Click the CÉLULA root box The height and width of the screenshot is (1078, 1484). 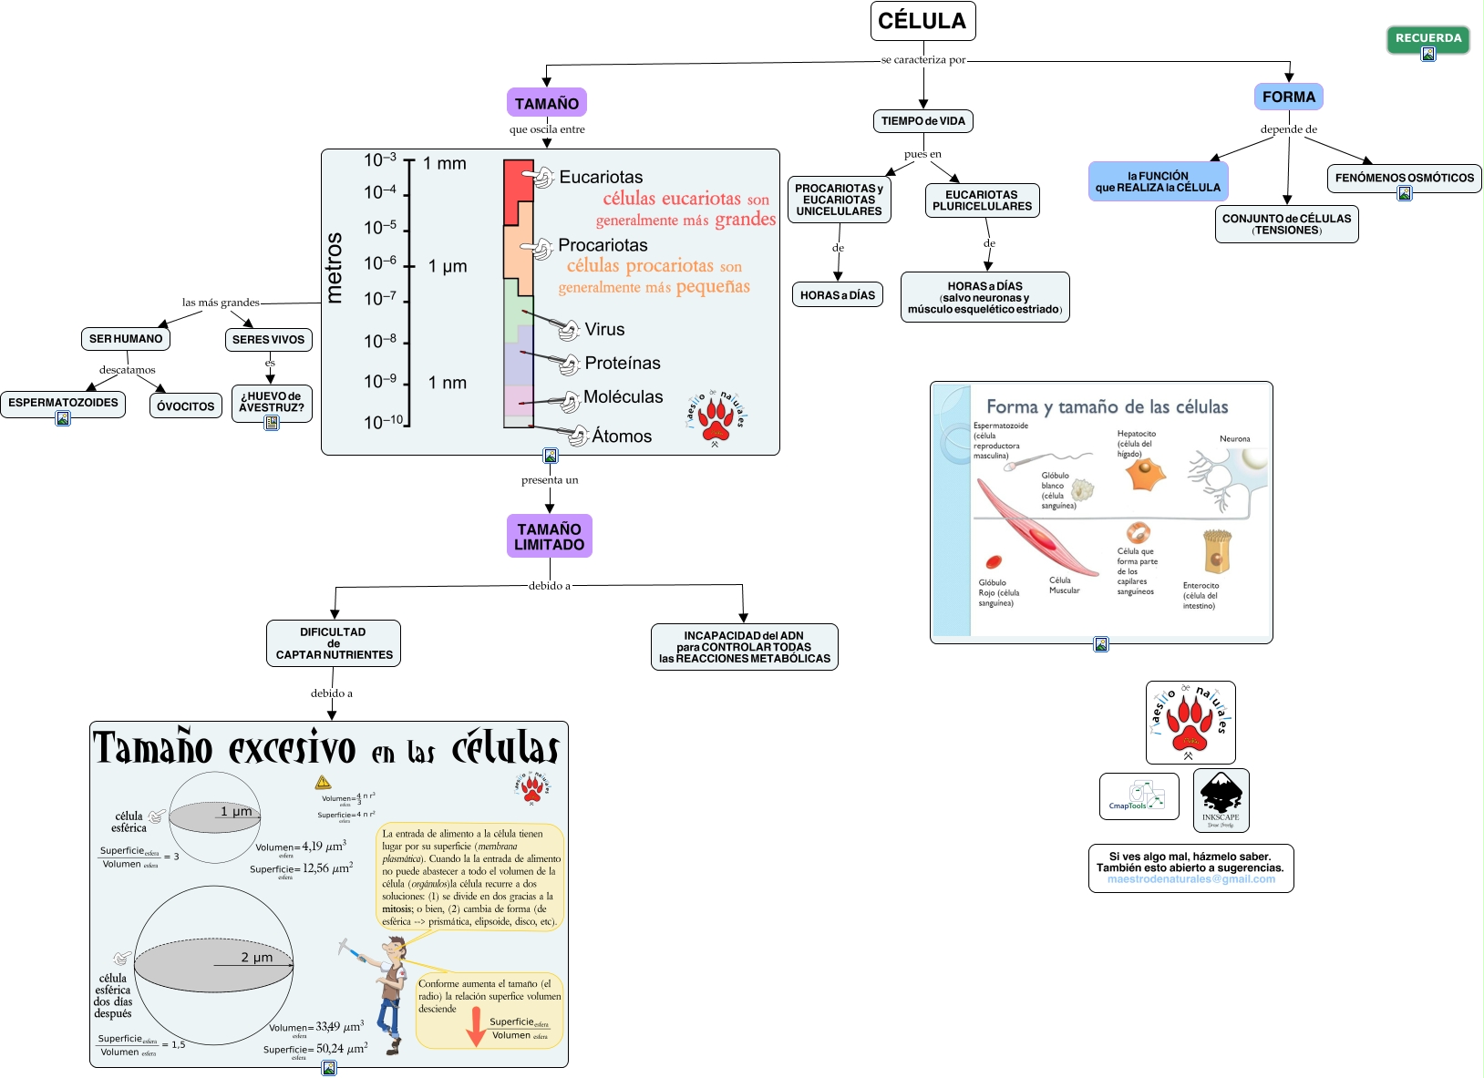(x=922, y=21)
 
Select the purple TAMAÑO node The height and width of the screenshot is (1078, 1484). (x=546, y=103)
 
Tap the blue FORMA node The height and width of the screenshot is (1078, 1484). (x=1288, y=97)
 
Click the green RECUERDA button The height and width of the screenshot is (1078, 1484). (x=1427, y=38)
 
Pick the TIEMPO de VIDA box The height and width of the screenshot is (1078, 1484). (x=922, y=121)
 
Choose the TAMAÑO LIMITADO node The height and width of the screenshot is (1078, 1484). (x=549, y=537)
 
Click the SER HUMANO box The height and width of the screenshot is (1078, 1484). (x=126, y=339)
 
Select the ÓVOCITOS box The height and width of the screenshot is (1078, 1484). (x=185, y=406)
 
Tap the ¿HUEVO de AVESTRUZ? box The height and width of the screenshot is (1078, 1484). (x=271, y=402)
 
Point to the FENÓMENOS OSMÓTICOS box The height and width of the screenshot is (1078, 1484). (x=1404, y=178)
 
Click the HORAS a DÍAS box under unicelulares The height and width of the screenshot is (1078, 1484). (x=837, y=295)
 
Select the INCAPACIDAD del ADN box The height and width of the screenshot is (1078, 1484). (x=744, y=647)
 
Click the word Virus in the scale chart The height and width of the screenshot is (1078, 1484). (x=604, y=330)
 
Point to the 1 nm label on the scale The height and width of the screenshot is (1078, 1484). (x=447, y=383)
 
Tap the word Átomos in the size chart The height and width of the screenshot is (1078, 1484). (x=622, y=436)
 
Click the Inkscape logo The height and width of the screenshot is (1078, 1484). (x=1221, y=799)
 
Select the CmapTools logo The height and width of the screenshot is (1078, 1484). (x=1139, y=796)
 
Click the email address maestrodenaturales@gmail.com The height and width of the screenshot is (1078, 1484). (x=1190, y=879)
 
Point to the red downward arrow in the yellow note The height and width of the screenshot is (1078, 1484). (x=475, y=1027)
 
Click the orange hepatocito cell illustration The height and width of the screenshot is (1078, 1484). (x=1145, y=474)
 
